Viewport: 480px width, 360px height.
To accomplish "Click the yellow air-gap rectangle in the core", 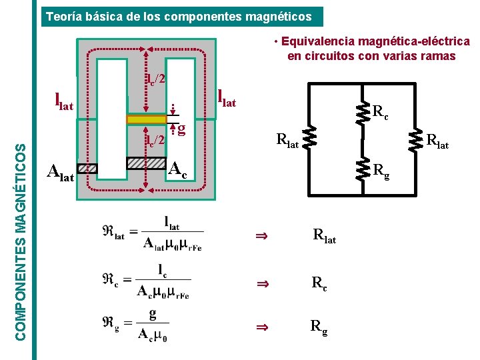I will tap(146, 119).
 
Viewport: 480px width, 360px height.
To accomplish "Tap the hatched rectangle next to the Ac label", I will tap(146, 162).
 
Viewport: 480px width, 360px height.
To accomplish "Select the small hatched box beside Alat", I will tap(87, 169).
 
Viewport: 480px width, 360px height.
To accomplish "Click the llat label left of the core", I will tap(64, 102).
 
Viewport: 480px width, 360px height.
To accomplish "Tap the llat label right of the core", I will tap(227, 97).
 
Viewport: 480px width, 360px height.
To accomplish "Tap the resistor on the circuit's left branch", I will tap(309, 139).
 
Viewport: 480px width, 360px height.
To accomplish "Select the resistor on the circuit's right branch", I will tap(416, 139).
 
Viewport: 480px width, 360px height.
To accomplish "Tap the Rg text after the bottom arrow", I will tap(319, 327).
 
